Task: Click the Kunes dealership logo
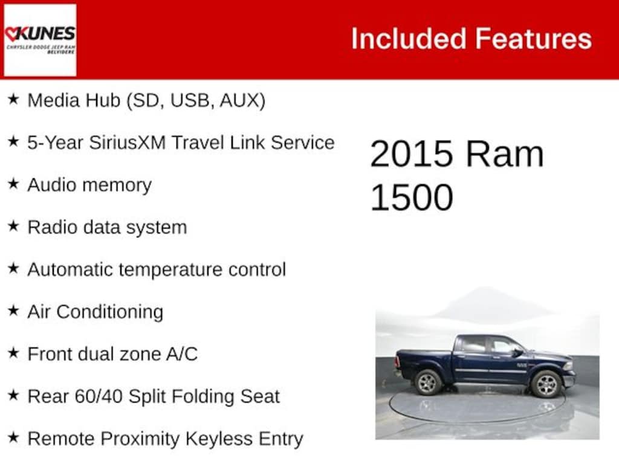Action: [40, 40]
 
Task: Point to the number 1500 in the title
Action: [412, 197]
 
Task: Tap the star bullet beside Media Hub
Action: [13, 99]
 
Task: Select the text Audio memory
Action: [89, 185]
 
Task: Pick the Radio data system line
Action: [107, 227]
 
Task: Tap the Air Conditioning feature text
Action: [95, 312]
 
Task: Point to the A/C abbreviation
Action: [182, 354]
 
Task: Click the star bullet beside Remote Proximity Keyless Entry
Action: [13, 437]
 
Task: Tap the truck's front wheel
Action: [546, 384]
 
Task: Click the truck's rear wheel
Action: [429, 382]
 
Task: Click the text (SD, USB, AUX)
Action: [195, 100]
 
